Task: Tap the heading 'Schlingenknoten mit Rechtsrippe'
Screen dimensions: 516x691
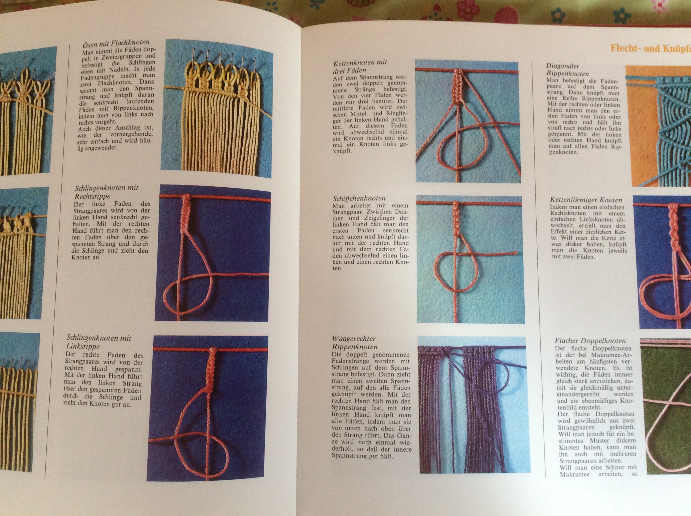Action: click(x=106, y=192)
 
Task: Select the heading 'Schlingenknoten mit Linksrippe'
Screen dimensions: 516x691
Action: click(x=99, y=342)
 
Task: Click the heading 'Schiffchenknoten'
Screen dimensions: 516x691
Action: click(x=359, y=198)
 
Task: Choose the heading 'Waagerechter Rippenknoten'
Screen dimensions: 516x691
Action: click(x=354, y=343)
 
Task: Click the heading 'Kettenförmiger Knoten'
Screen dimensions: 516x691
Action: click(x=586, y=200)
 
